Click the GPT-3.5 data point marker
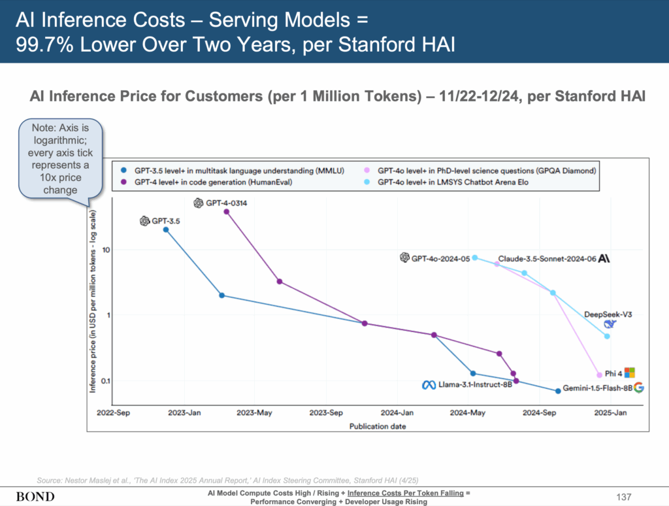[x=166, y=229]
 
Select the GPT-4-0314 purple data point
[x=227, y=211]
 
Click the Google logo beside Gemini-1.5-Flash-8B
[x=639, y=388]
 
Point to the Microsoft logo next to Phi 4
[x=630, y=373]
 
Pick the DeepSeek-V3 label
[x=608, y=314]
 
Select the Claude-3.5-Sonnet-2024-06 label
[x=547, y=259]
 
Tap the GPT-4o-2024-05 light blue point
[x=475, y=258]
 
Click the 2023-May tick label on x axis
[x=254, y=413]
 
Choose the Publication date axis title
[x=378, y=426]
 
